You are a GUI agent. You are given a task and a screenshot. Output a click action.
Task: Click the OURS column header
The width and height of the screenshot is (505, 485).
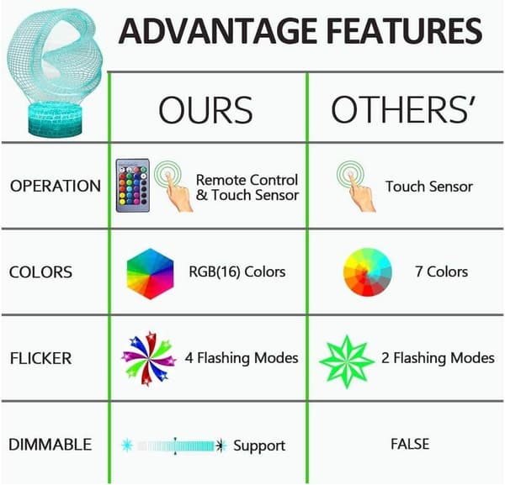(205, 110)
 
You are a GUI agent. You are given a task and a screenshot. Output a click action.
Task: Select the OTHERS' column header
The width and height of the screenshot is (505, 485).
(403, 109)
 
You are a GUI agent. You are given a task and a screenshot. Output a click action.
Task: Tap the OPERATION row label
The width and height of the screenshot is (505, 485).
(56, 187)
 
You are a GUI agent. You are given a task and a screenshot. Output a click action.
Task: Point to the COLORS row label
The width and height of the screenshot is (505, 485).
(40, 272)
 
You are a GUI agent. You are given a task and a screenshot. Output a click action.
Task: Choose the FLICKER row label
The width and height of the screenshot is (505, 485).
(40, 358)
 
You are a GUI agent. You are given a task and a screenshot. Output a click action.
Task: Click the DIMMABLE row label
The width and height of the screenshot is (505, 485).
(50, 445)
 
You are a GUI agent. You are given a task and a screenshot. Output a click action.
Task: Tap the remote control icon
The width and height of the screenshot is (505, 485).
(133, 185)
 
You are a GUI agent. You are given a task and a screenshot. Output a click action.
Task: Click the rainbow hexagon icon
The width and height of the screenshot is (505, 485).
(150, 274)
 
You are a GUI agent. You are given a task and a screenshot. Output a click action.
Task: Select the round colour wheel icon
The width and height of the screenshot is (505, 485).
(368, 271)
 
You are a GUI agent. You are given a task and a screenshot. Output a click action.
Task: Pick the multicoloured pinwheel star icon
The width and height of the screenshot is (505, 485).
(149, 358)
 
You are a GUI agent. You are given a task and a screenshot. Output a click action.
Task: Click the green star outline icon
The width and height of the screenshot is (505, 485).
(347, 361)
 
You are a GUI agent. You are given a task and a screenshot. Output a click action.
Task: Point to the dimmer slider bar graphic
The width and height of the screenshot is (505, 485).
(174, 445)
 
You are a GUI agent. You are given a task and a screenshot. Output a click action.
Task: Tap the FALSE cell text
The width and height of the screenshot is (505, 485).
(410, 444)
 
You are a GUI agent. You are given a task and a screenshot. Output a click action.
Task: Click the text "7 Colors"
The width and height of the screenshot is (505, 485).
(441, 271)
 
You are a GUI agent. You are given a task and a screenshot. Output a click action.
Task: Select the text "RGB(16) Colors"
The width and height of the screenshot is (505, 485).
(237, 271)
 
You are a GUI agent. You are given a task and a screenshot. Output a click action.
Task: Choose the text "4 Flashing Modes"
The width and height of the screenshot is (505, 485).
(242, 358)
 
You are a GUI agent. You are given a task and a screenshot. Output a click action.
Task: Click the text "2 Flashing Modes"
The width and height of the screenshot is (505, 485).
(438, 358)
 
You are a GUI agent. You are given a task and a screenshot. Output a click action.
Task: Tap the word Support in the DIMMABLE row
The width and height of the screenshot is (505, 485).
(259, 446)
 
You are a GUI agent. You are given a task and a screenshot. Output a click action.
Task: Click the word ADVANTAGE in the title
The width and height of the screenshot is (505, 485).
(218, 31)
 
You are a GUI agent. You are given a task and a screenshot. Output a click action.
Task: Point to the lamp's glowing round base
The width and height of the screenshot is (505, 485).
(56, 120)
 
